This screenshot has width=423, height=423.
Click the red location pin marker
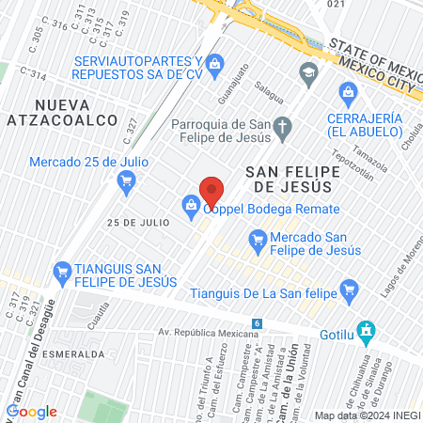(211, 193)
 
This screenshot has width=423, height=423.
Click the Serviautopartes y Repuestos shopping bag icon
(215, 63)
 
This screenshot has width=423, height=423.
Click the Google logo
(32, 412)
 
